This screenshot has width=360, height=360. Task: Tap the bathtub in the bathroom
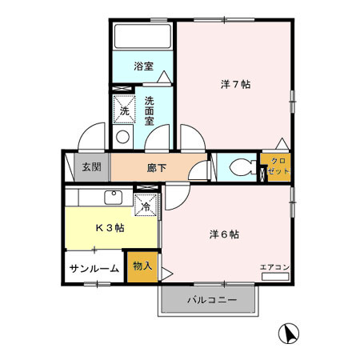[x=142, y=37]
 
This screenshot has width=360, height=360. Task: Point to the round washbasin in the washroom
[x=123, y=137]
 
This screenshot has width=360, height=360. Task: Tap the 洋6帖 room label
[x=225, y=234]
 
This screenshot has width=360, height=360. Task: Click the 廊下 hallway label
[x=157, y=168]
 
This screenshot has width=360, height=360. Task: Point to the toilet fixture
[x=239, y=168]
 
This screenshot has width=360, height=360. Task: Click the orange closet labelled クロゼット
[x=276, y=167]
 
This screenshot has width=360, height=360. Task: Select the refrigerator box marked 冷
[x=146, y=206]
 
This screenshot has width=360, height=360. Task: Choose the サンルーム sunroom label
[x=94, y=269]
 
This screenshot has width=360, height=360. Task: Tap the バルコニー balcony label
[x=211, y=301]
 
